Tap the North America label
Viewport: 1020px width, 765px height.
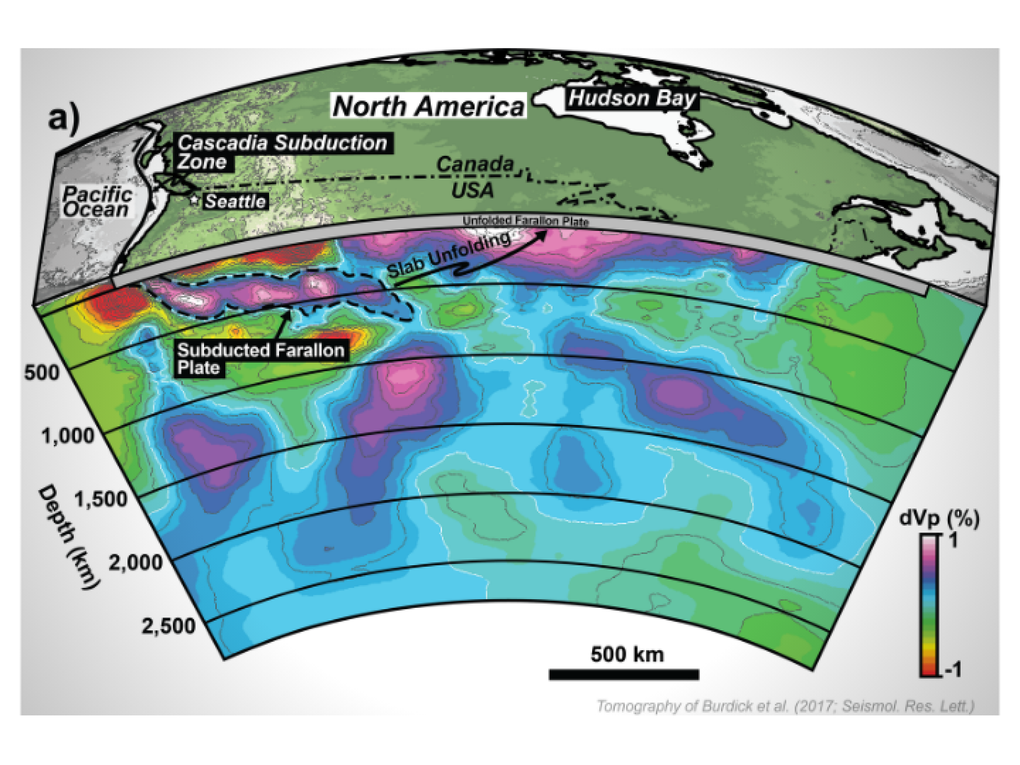point(429,106)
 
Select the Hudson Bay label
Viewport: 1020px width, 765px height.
point(632,98)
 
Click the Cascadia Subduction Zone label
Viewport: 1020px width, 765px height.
point(281,152)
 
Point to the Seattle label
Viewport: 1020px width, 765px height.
point(235,202)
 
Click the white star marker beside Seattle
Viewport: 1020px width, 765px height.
point(195,200)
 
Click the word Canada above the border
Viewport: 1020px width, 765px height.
point(475,164)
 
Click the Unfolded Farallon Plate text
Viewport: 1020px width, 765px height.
point(526,221)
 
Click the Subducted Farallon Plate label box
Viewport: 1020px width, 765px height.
point(261,359)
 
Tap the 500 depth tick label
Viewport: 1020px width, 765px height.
point(41,373)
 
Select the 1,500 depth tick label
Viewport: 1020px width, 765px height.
point(101,499)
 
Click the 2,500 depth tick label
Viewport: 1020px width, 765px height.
point(168,626)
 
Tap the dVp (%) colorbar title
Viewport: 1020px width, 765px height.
point(939,519)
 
